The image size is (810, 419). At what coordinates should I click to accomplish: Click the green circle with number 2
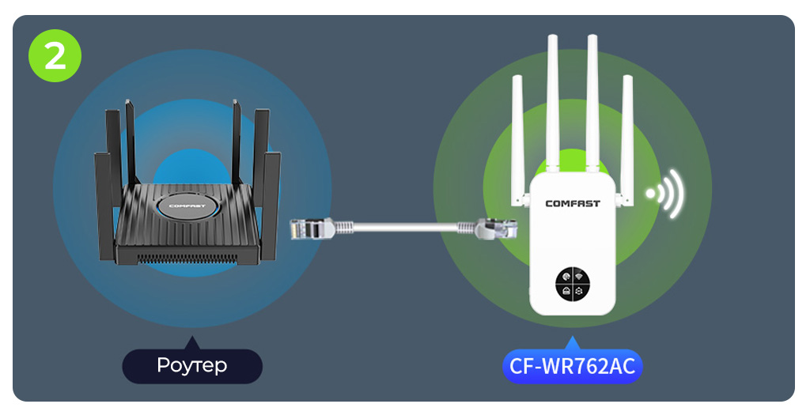55,55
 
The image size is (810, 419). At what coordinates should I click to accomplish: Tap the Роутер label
191,365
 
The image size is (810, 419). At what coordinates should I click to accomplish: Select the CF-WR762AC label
573,366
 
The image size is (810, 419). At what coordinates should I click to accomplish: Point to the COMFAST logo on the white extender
573,203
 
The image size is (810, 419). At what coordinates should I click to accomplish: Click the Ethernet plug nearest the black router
310,228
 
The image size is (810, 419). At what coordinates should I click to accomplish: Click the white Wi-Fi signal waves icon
666,193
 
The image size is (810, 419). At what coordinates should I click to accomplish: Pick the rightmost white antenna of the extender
626,134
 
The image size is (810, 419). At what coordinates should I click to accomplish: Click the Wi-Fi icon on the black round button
579,276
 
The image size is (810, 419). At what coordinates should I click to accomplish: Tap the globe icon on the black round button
566,276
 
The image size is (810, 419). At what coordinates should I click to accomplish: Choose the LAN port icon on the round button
566,290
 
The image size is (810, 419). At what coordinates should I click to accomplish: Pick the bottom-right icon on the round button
579,290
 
